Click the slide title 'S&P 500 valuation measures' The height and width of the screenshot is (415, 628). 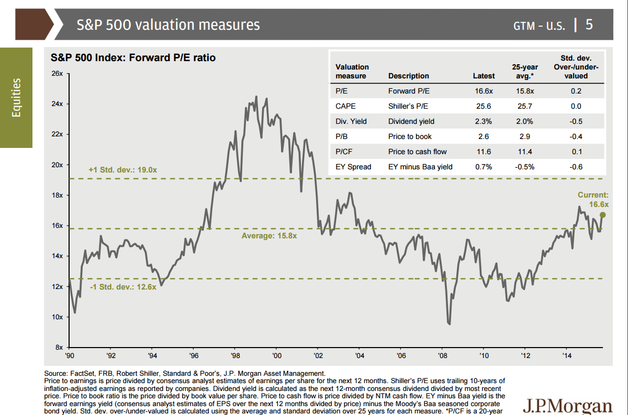[x=168, y=25]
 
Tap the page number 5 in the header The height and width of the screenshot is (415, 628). [x=589, y=25]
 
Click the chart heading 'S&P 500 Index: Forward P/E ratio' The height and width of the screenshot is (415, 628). [x=132, y=58]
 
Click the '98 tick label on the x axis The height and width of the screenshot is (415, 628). [x=235, y=356]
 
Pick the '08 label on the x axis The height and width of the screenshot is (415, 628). [x=443, y=356]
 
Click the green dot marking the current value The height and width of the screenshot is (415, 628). [x=603, y=215]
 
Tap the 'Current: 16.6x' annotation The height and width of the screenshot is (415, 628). [x=593, y=200]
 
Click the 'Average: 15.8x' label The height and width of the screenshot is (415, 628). [x=269, y=236]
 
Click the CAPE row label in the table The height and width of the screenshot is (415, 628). [x=346, y=106]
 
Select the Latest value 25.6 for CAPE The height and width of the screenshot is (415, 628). [x=483, y=106]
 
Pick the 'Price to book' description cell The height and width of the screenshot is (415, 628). [x=409, y=136]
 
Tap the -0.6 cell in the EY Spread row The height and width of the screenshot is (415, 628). [x=576, y=167]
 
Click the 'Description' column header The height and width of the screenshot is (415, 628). [x=409, y=76]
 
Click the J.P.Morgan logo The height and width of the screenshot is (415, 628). [x=567, y=406]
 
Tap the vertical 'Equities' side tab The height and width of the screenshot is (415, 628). [x=16, y=98]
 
